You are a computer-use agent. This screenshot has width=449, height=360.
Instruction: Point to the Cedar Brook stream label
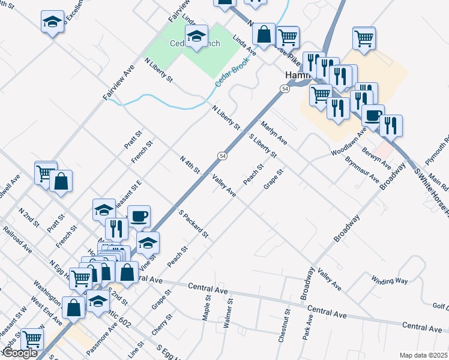click(x=232, y=74)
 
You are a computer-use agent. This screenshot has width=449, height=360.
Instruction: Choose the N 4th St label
click(x=189, y=165)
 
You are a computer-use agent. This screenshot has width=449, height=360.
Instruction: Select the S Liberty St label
click(x=262, y=146)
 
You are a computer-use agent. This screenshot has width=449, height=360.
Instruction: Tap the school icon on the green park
click(x=196, y=37)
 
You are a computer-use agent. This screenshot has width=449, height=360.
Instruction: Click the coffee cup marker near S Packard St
click(x=139, y=216)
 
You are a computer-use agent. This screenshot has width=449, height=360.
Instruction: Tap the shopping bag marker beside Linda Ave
click(x=264, y=34)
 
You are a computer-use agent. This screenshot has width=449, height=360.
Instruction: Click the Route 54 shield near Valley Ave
click(x=222, y=156)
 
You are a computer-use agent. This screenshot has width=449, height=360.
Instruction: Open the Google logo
click(x=20, y=353)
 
